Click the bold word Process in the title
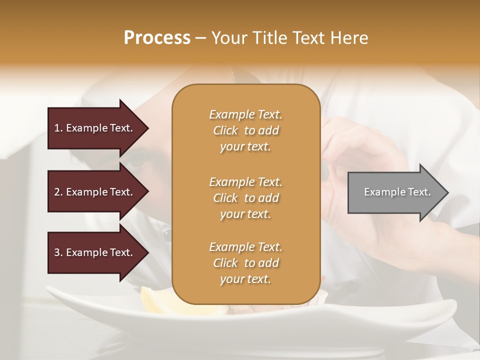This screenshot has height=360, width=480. pyautogui.click(x=157, y=37)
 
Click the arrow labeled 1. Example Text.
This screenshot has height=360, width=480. pyautogui.click(x=95, y=128)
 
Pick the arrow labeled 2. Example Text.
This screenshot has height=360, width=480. pyautogui.click(x=95, y=192)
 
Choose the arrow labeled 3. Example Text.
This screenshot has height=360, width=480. pyautogui.click(x=95, y=252)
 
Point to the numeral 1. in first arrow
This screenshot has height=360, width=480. pyautogui.click(x=58, y=128)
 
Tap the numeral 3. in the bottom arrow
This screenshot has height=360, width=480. pyautogui.click(x=58, y=252)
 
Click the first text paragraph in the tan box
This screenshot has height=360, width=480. pyautogui.click(x=245, y=130)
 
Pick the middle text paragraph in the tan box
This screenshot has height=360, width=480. pyautogui.click(x=245, y=197)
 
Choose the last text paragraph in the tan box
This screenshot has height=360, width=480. pyautogui.click(x=245, y=263)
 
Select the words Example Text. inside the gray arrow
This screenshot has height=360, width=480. pyautogui.click(x=397, y=192)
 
